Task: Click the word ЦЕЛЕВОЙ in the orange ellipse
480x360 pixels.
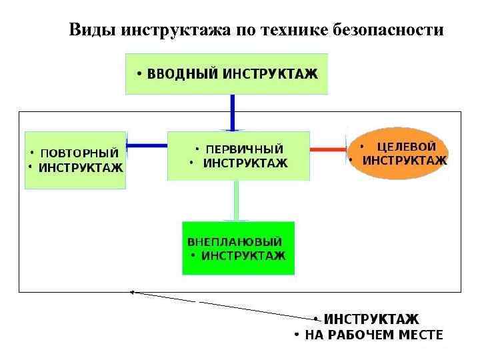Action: [x=407, y=147]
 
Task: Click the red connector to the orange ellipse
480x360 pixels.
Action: [x=328, y=150]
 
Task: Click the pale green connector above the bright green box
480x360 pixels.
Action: [x=236, y=200]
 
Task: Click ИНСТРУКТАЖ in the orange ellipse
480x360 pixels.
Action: [x=405, y=161]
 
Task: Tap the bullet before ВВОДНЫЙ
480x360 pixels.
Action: [x=139, y=74]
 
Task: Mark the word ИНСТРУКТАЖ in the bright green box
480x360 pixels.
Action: [x=243, y=255]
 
